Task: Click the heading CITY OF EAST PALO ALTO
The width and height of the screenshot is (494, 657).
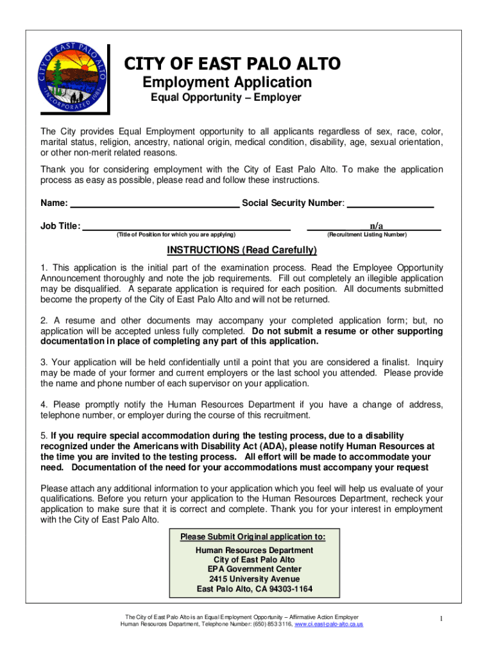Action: pos(232,64)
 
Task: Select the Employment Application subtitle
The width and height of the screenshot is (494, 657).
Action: pos(226,82)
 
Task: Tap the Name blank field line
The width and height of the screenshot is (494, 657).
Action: pos(154,205)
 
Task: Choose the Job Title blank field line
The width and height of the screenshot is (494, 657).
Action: pos(187,228)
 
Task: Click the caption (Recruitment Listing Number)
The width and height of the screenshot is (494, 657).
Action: pos(366,235)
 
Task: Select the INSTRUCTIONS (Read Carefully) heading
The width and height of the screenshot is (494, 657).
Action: pos(242,250)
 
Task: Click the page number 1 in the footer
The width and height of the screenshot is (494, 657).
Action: pos(442,618)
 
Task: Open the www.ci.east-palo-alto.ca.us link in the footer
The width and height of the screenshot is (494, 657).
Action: pos(328,624)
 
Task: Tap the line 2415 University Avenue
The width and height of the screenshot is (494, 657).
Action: pos(254,579)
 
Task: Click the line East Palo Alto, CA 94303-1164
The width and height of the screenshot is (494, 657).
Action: pos(255,589)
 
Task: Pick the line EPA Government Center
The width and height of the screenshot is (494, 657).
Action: pos(254,569)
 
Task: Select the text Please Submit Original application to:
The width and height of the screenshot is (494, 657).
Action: pos(252,536)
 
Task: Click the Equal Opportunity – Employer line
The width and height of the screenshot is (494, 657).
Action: pos(226,98)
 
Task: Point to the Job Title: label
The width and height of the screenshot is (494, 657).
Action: pos(60,226)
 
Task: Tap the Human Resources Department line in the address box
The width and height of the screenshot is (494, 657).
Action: pos(254,550)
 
